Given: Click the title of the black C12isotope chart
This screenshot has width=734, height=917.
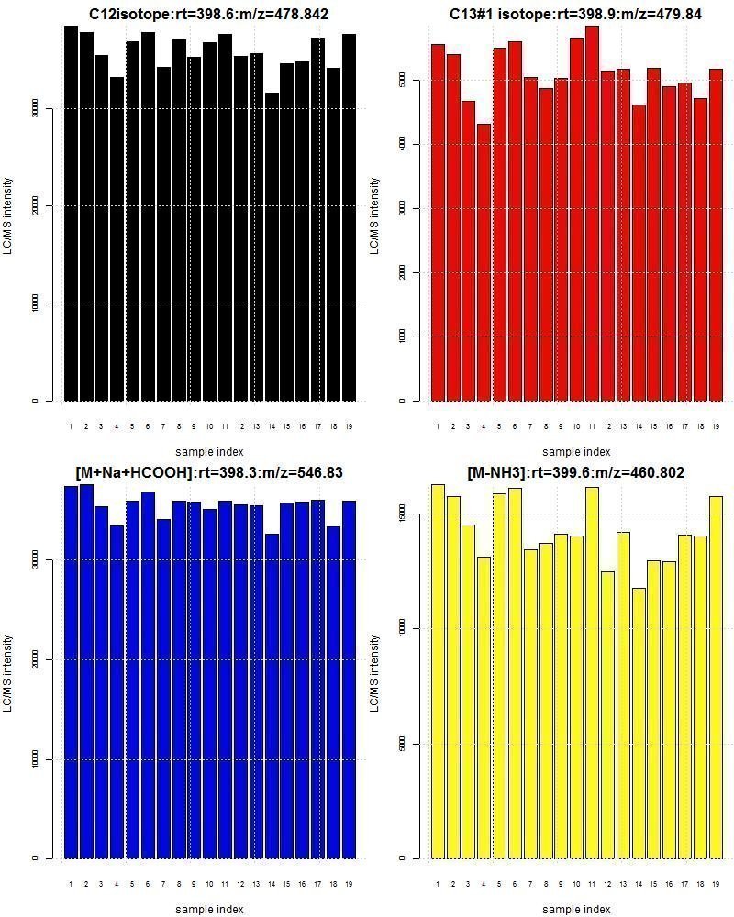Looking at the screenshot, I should click(208, 14).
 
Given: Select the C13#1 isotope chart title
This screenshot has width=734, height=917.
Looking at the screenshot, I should click(575, 14).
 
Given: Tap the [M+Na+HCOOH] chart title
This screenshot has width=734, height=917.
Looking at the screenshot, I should click(209, 472).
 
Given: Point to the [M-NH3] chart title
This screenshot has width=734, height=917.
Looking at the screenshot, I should click(575, 472).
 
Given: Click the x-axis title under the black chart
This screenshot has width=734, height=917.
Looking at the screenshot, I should click(209, 451).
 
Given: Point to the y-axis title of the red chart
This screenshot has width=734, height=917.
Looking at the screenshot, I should click(374, 216).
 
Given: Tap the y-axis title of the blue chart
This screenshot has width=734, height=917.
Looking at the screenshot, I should click(8, 674).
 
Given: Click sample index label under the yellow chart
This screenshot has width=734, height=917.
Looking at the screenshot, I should click(576, 909).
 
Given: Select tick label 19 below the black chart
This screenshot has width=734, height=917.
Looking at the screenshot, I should click(349, 426).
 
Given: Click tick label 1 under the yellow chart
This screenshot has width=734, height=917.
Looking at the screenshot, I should click(438, 884).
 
